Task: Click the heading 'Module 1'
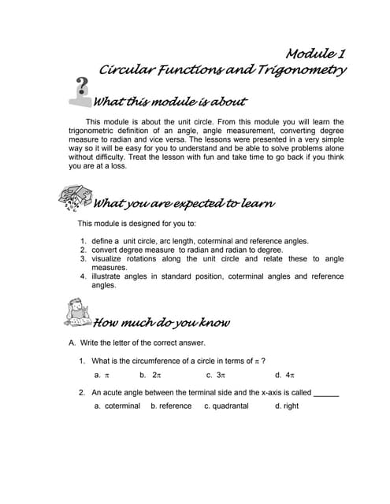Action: click(x=316, y=54)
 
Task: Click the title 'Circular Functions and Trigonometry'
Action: click(x=223, y=70)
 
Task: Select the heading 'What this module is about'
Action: click(x=169, y=102)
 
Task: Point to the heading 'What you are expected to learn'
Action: click(x=184, y=204)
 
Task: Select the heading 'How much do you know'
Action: click(x=162, y=322)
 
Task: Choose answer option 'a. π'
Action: click(x=102, y=375)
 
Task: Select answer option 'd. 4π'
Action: click(x=284, y=375)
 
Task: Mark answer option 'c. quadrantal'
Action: click(x=226, y=406)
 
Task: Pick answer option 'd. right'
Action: click(x=287, y=406)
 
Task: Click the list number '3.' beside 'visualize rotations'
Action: click(x=83, y=259)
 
